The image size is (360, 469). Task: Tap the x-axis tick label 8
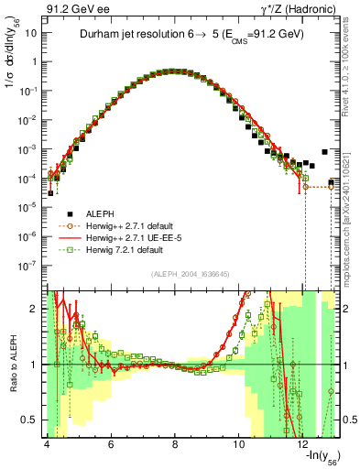(x=175, y=443)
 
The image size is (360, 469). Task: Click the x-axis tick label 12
(x=303, y=443)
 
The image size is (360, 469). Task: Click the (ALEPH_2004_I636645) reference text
(x=191, y=273)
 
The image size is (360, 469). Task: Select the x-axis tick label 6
(x=111, y=443)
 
